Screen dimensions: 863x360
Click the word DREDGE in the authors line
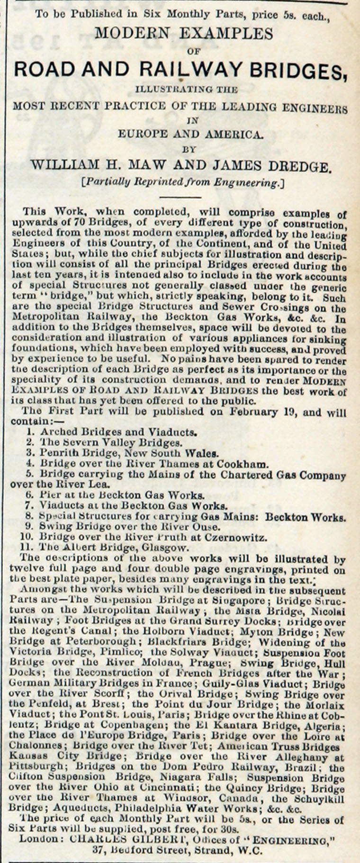294,166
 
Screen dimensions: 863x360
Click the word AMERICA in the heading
232,135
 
